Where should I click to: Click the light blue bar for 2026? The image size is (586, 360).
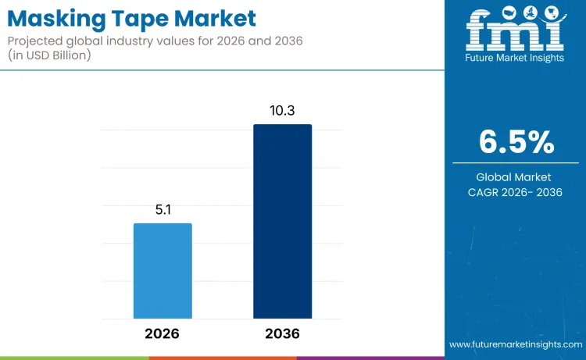point(163,270)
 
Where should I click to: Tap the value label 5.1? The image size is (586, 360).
point(163,210)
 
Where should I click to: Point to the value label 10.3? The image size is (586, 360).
point(282,111)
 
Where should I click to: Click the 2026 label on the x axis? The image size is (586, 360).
point(163,333)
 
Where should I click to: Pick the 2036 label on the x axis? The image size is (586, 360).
point(282,333)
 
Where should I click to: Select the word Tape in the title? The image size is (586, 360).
point(133,16)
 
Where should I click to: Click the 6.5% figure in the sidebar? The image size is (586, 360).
point(516,143)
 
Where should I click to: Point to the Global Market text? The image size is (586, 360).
point(516,177)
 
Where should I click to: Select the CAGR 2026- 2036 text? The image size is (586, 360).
point(516,192)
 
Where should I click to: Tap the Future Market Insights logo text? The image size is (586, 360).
point(515,58)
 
